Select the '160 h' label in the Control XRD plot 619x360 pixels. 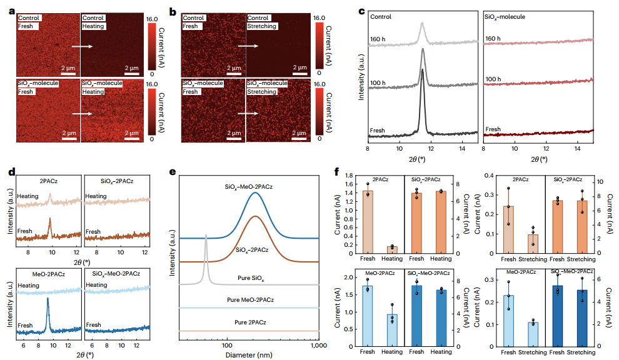point(377,38)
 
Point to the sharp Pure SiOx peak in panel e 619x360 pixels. point(206,236)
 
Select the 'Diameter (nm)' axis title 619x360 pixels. point(249,355)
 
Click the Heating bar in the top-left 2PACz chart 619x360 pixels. point(392,249)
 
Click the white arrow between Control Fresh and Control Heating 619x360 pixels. point(81,46)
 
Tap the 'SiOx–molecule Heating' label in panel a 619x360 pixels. point(103,87)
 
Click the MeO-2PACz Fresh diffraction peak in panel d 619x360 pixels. point(48,300)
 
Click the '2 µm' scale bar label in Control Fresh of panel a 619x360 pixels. point(69,67)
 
